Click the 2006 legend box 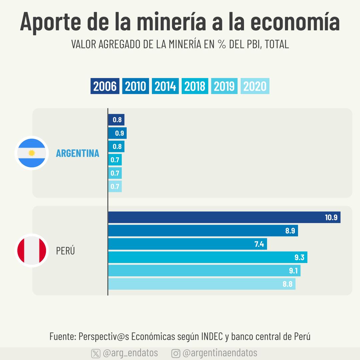tap(105, 86)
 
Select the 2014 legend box tap(165, 86)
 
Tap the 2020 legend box tap(255, 86)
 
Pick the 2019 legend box tap(224, 86)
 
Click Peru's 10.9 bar tap(224, 217)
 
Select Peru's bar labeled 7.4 tap(187, 244)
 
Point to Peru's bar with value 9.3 tap(208, 257)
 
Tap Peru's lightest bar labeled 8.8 tap(202, 284)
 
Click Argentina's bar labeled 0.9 tap(117, 133)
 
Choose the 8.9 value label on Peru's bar tap(290, 231)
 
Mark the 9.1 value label tap(293, 271)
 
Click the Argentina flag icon tap(32, 153)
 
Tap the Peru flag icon tap(32, 251)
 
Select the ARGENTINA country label tap(78, 153)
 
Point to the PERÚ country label tap(65, 251)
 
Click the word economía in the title tap(295, 22)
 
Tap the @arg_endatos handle tap(130, 353)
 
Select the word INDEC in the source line tap(212, 336)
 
